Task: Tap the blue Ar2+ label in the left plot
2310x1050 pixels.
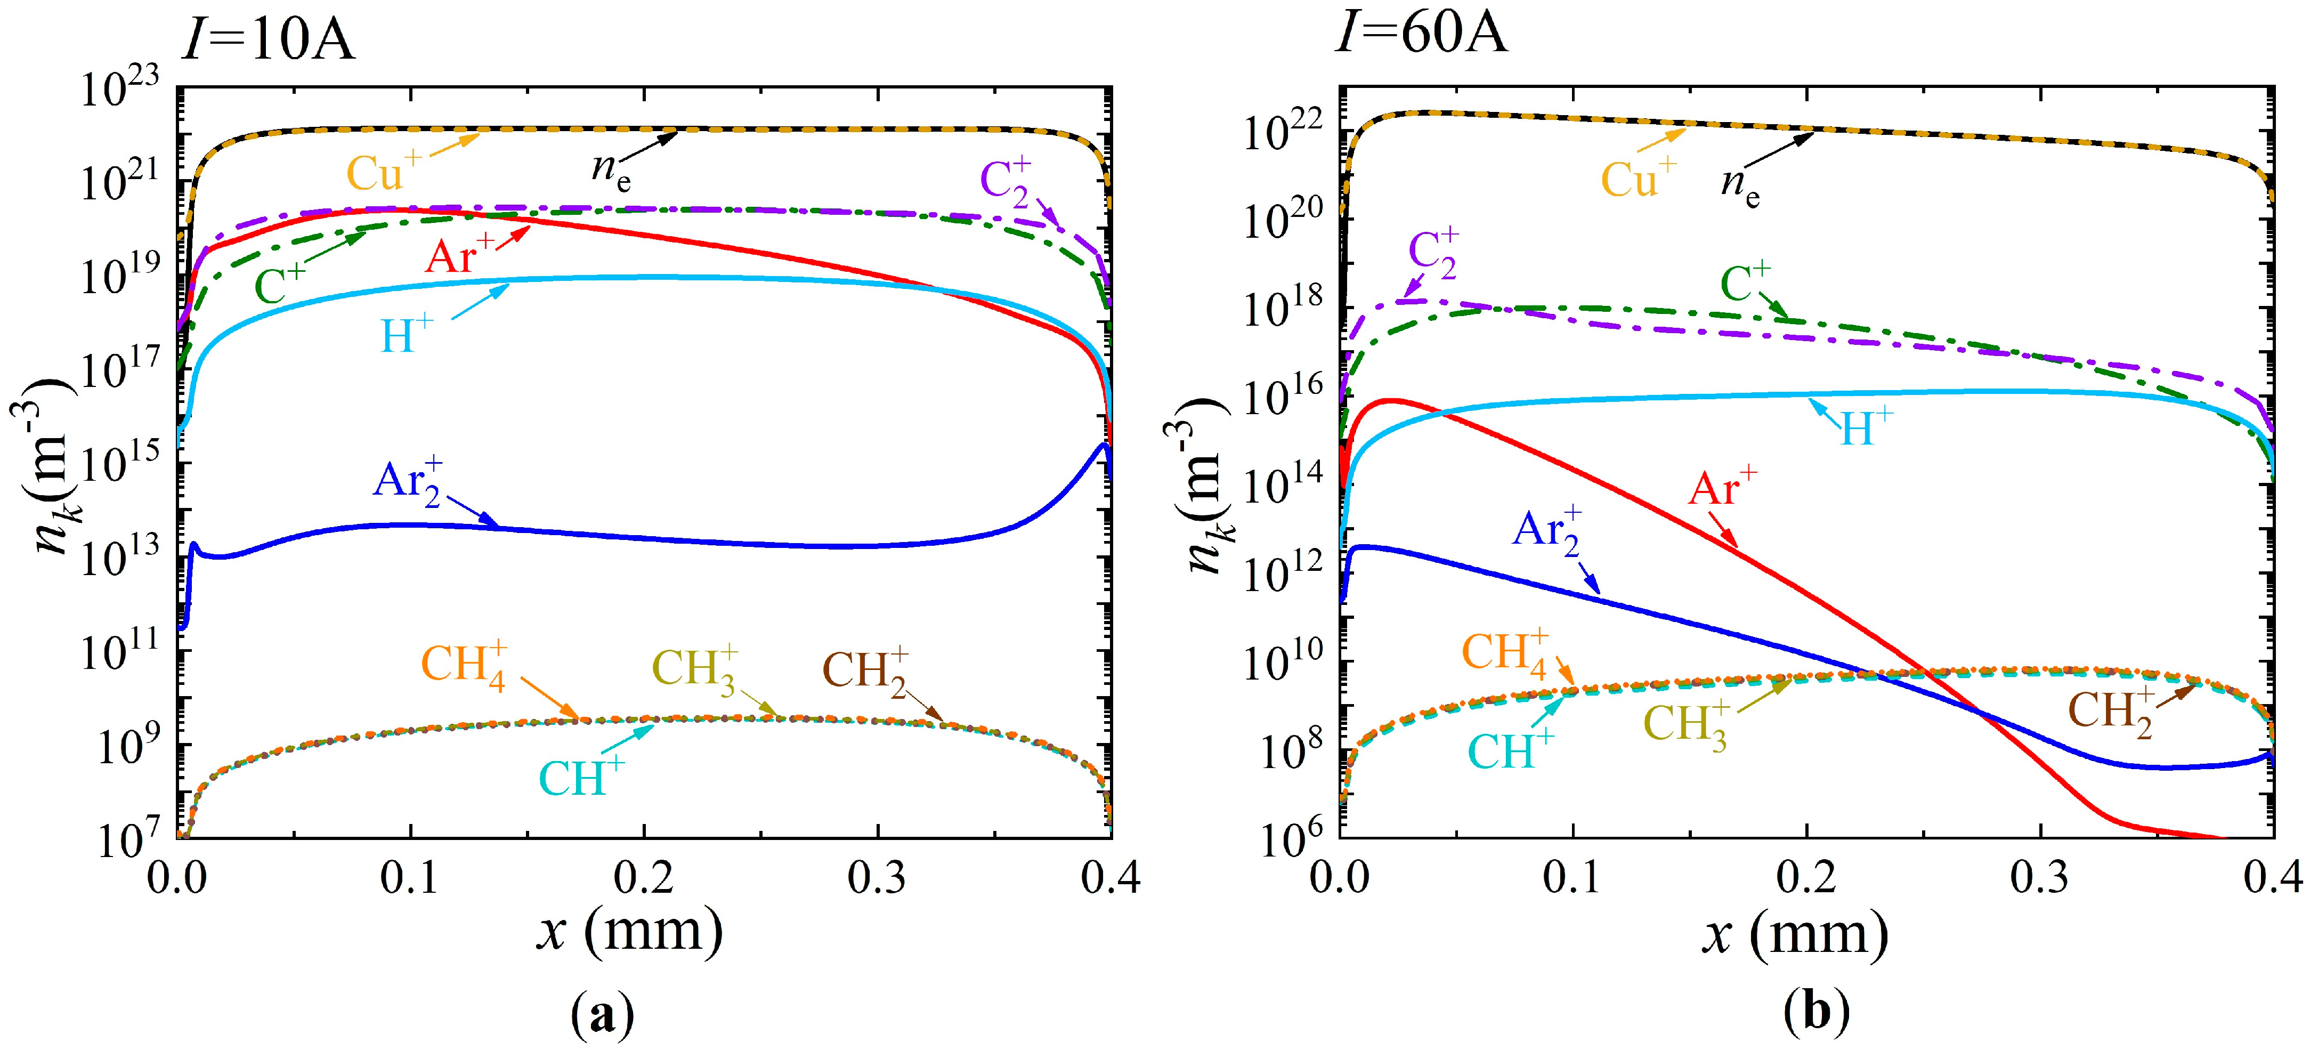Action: click(408, 482)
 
